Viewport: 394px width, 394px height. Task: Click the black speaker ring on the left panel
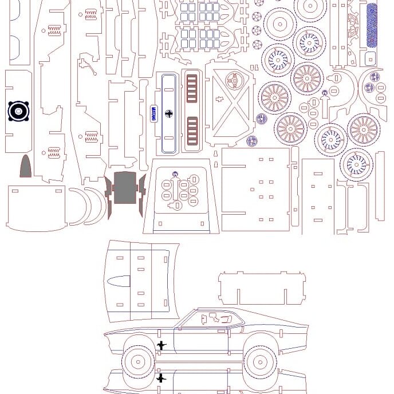[x=18, y=111]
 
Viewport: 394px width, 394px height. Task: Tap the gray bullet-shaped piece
[x=26, y=167]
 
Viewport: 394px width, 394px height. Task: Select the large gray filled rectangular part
[x=125, y=188]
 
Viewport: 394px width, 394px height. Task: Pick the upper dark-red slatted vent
[x=192, y=88]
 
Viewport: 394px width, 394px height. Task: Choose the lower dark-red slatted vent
[x=192, y=131]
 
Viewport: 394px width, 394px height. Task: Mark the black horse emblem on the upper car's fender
[x=162, y=345]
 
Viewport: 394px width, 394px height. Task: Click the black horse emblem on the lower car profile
[x=162, y=378]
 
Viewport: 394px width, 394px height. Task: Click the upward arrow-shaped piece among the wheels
[x=325, y=103]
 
